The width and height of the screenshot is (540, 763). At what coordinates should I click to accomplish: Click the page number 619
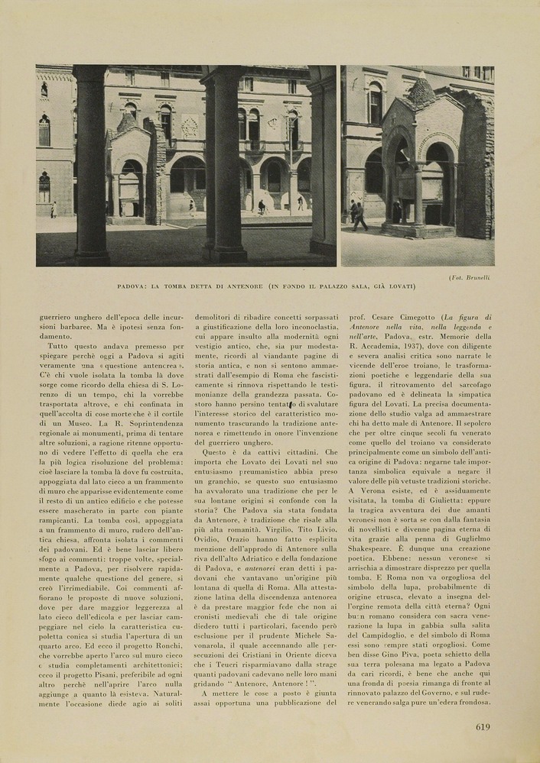pyautogui.click(x=482, y=727)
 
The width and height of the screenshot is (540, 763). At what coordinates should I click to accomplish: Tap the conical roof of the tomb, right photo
pyautogui.click(x=420, y=91)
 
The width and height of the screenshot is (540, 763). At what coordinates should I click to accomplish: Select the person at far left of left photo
pyautogui.click(x=54, y=210)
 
